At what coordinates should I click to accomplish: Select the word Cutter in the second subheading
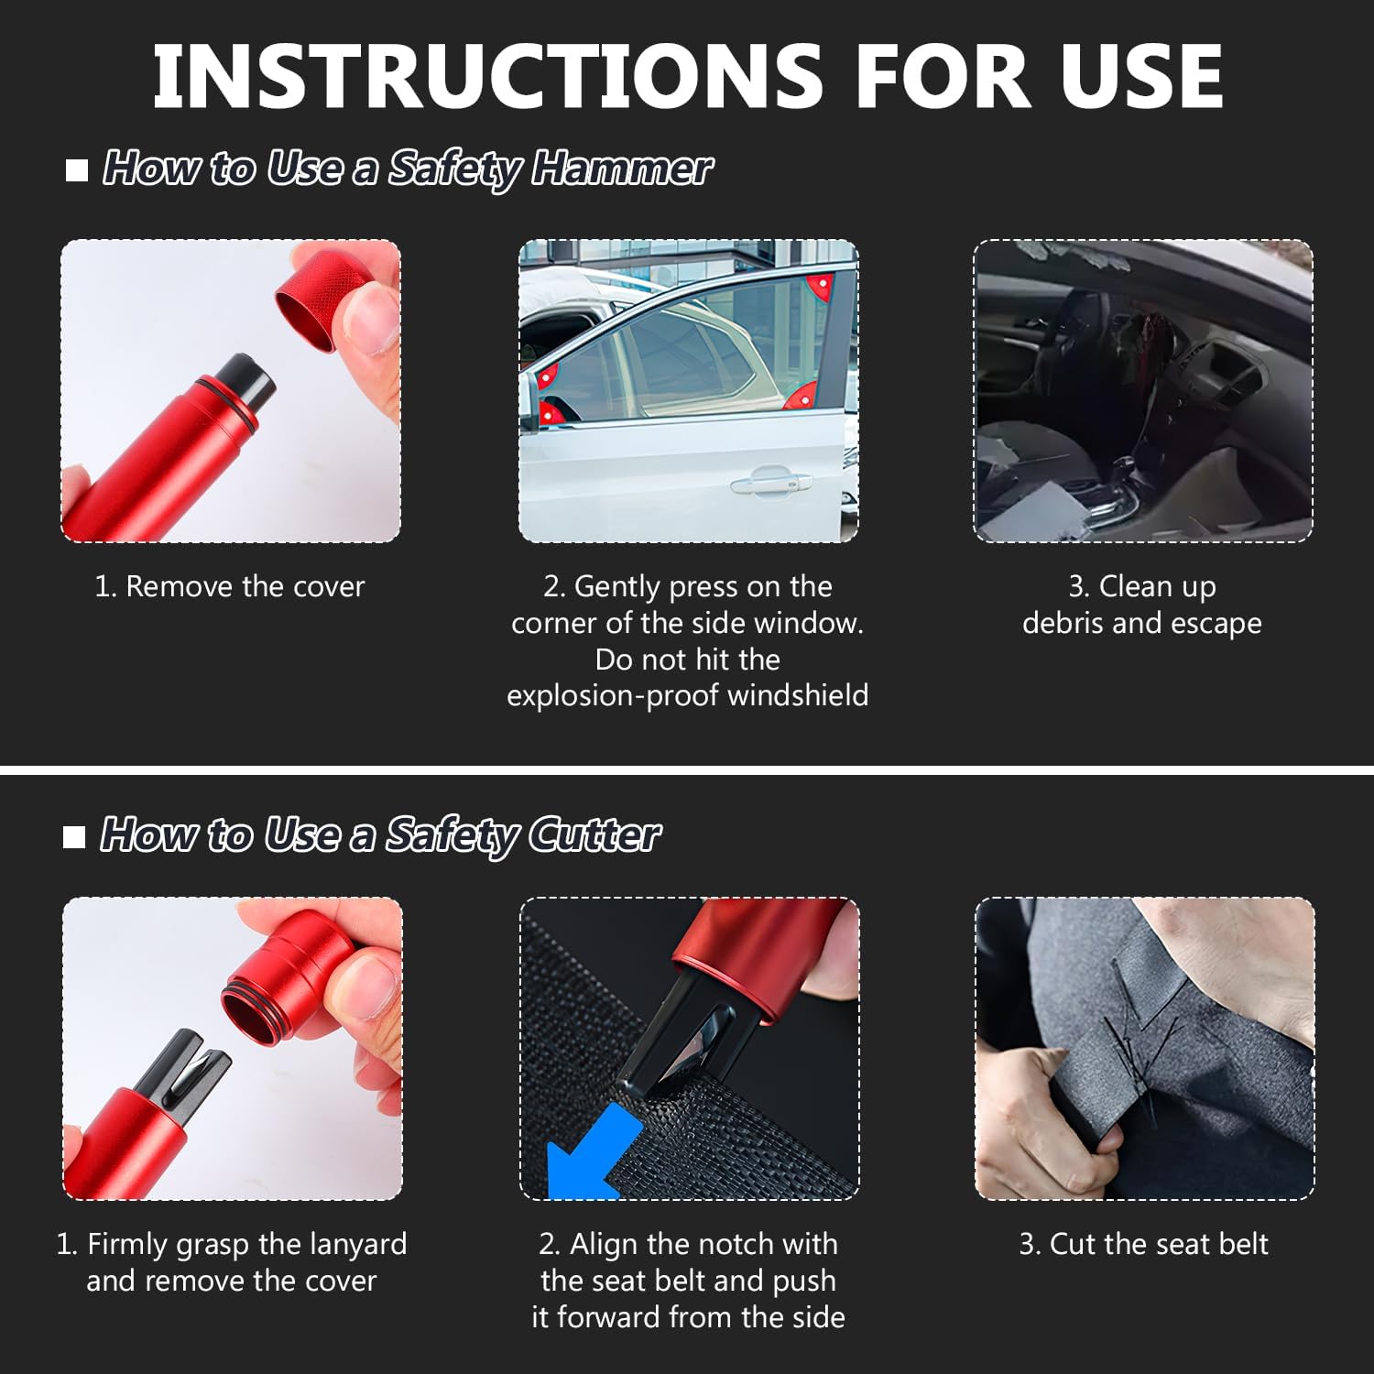[x=594, y=834]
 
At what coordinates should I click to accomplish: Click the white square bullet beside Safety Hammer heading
[x=77, y=170]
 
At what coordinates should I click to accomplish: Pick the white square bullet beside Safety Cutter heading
[x=74, y=836]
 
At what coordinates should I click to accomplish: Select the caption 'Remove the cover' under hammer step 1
[x=245, y=586]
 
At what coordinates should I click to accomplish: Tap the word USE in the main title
[x=1142, y=75]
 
